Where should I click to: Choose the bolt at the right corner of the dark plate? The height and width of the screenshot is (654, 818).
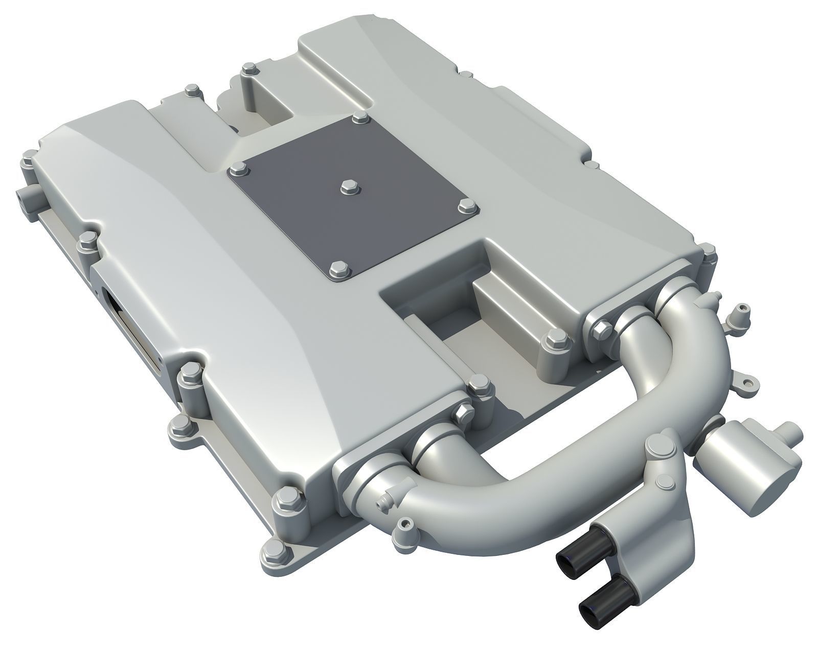(466, 205)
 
